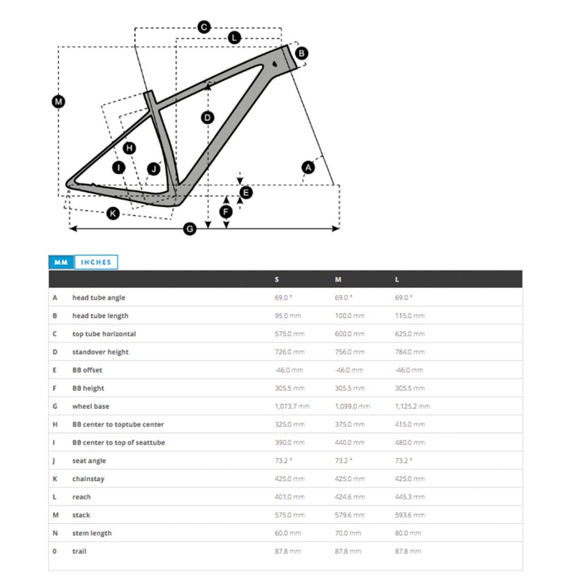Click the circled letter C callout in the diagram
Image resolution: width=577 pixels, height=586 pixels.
204,27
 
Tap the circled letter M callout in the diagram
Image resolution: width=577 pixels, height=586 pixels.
59,101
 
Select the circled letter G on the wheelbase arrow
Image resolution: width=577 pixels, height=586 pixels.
190,229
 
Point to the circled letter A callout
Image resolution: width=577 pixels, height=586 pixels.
308,167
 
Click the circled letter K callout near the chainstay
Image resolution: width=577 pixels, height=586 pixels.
113,214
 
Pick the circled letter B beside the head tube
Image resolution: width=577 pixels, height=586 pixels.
301,53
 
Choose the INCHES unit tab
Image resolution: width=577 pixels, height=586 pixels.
96,262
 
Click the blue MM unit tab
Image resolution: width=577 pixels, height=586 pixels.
61,262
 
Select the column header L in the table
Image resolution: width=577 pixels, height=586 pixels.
397,279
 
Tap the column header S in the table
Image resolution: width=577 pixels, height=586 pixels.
277,279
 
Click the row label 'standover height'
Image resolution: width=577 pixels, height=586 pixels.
100,352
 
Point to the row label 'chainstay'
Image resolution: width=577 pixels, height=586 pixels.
88,479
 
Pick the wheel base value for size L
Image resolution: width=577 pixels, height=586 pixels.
412,407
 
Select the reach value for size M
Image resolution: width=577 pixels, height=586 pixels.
350,497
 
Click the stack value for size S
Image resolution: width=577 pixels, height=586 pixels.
290,515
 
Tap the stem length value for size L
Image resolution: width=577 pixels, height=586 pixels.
408,533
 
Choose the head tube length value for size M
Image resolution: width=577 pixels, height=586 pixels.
350,316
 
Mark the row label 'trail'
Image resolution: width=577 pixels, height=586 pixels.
79,551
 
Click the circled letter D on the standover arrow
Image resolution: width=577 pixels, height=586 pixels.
208,118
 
